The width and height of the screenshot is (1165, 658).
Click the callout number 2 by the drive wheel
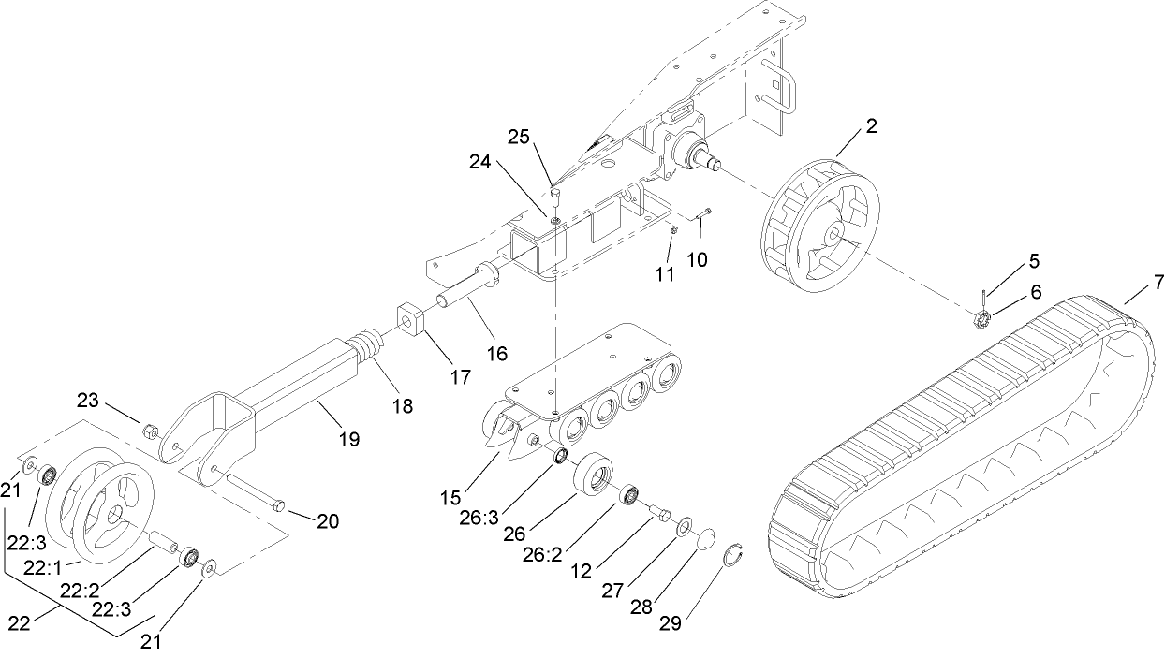tap(871, 126)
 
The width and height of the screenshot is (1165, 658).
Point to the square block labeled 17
tap(409, 320)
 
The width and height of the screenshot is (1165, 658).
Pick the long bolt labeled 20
tap(253, 492)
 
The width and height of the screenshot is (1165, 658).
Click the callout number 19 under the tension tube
tap(348, 438)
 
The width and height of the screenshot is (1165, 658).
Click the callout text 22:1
tap(45, 568)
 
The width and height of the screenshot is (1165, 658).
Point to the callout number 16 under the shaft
tap(496, 353)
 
